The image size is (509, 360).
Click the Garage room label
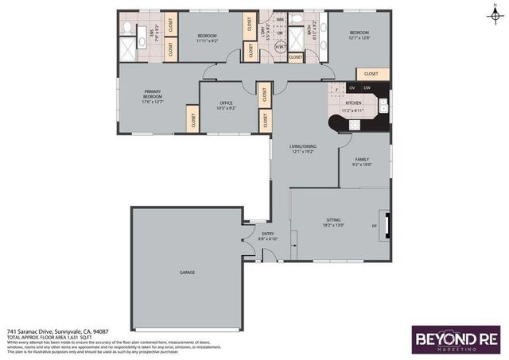(x=188, y=273)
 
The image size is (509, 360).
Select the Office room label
(x=226, y=104)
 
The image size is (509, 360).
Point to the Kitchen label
(x=352, y=103)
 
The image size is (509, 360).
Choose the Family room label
(x=362, y=162)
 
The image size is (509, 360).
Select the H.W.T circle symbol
(x=281, y=48)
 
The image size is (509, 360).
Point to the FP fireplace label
(x=374, y=226)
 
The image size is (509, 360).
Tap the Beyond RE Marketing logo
(x=455, y=339)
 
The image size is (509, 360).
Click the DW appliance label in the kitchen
(x=367, y=87)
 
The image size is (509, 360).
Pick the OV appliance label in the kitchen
(x=352, y=87)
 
